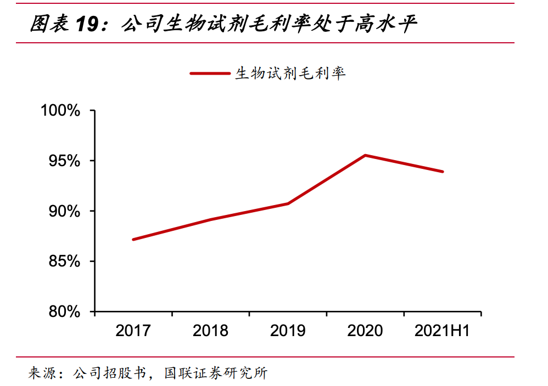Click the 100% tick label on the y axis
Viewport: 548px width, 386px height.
point(60,111)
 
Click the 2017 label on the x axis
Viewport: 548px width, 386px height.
point(133,331)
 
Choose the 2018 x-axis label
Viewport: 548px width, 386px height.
point(211,331)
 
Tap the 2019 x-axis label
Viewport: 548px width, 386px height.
point(288,331)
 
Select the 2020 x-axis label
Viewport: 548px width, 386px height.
point(365,331)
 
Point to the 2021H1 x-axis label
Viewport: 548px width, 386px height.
point(442,331)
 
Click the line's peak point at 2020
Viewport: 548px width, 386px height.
point(365,155)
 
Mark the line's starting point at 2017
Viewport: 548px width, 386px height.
point(133,240)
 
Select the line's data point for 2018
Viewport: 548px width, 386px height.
point(211,219)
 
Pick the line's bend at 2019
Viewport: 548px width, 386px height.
point(288,203)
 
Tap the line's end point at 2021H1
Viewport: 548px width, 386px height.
point(442,172)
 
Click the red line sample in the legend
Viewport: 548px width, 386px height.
point(210,73)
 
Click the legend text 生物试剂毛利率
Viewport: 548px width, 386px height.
point(290,73)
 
